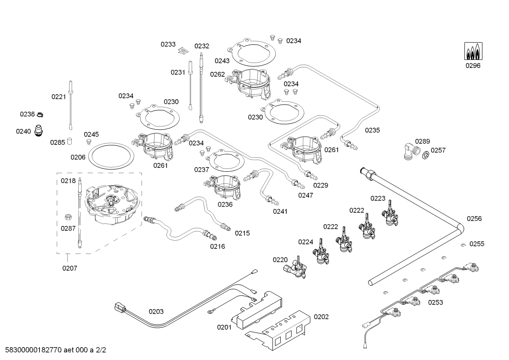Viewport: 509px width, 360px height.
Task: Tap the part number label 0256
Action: tap(474, 219)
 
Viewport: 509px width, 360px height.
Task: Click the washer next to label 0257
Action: tap(426, 154)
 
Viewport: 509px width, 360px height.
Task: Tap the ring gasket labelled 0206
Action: tap(111, 155)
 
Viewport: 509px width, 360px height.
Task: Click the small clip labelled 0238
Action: tap(40, 115)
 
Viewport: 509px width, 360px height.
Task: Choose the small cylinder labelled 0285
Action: tap(70, 141)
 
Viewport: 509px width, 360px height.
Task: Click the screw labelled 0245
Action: tap(89, 142)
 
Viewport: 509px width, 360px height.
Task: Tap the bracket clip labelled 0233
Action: tap(182, 51)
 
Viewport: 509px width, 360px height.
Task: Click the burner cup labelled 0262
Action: tap(252, 83)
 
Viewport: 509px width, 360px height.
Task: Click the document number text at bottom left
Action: tap(53, 350)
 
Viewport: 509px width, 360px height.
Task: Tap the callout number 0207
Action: tap(70, 268)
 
